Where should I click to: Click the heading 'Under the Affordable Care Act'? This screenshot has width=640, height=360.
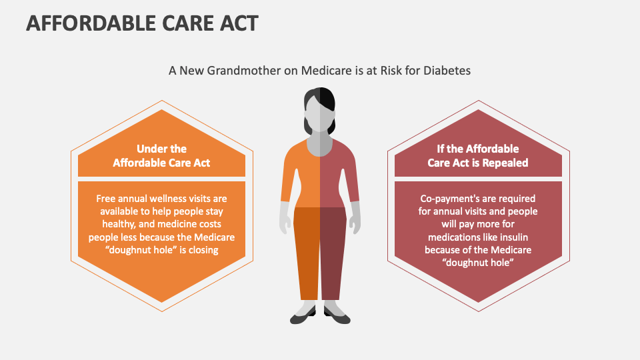click(161, 155)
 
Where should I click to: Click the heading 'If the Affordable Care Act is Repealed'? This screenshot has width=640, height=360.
click(477, 155)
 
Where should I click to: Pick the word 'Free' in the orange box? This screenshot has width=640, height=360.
click(108, 199)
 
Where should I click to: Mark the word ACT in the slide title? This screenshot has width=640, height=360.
click(234, 23)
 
